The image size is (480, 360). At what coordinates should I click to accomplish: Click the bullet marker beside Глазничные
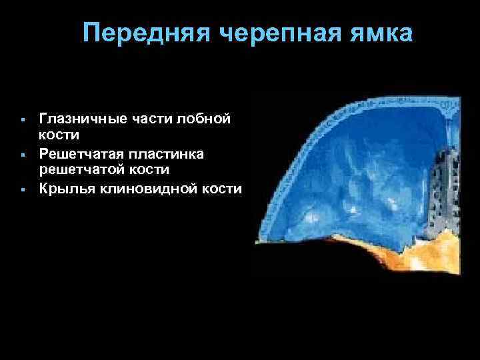pos(23,120)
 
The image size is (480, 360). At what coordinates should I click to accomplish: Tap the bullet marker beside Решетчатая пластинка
pos(23,155)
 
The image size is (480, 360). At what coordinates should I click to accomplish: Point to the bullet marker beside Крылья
pos(23,190)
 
